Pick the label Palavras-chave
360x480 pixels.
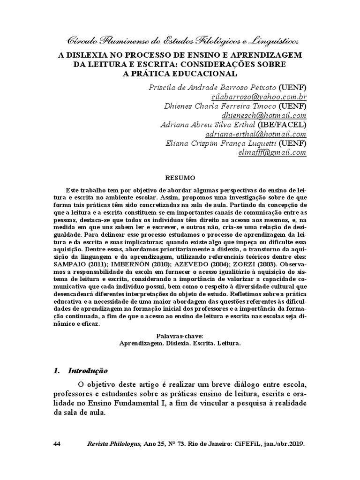tap(180, 336)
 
